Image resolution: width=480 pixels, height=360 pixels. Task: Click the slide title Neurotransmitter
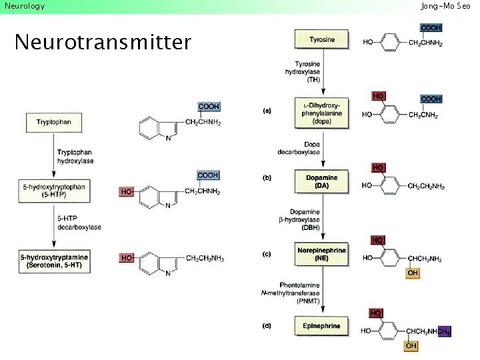pos(102,43)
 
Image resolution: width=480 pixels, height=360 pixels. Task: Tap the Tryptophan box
pos(55,123)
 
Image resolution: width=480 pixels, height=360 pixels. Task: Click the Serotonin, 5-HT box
pos(54,261)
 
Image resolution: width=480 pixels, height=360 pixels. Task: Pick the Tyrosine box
pos(322,39)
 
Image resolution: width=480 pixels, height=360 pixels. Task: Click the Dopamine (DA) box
pos(322,182)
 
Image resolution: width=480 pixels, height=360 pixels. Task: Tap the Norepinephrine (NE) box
pos(321,254)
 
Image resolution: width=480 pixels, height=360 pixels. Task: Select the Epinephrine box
pos(322,326)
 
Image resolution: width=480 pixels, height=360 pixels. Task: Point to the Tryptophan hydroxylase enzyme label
pos(75,157)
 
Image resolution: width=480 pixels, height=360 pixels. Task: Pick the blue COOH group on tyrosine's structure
pos(431,27)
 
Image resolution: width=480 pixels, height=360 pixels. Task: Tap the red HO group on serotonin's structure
pos(126,258)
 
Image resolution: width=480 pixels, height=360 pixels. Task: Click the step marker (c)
pos(267,254)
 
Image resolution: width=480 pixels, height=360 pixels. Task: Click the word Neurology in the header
pos(25,6)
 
